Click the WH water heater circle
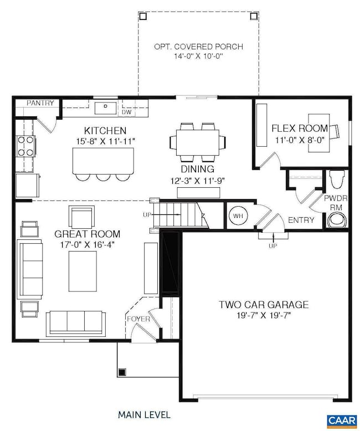pos(238,215)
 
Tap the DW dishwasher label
pos(127,112)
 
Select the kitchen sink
pos(106,107)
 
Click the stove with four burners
pos(26,146)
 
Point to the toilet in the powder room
pos(337,179)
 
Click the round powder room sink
pos(337,220)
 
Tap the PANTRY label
pos(40,103)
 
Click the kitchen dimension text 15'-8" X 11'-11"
pos(106,141)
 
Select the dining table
pos(198,142)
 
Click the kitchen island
pos(103,161)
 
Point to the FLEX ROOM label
pos(300,129)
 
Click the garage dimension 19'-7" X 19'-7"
pos(264,315)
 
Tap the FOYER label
pos(138,319)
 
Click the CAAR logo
pos(342,420)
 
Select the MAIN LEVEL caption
pos(144,415)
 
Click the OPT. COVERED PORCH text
pos(198,47)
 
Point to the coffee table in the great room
pos(83,271)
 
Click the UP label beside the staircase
pos(147,214)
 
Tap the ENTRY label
pos(301,220)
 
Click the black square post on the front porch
pos(122,372)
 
